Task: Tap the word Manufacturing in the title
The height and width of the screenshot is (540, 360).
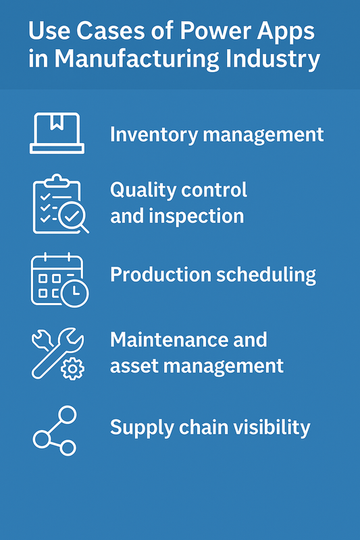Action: [136, 59]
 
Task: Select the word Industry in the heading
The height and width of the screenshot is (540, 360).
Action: [272, 59]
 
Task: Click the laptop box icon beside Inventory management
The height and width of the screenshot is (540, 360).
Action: [57, 133]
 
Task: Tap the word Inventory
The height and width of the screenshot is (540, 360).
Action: [154, 135]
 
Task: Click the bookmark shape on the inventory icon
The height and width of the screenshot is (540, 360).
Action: [57, 122]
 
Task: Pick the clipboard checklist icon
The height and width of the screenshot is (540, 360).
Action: [61, 204]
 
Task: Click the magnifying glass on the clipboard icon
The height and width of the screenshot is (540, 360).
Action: [74, 217]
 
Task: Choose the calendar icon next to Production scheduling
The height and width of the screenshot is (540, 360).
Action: [59, 279]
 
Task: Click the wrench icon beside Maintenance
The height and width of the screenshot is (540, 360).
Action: [58, 354]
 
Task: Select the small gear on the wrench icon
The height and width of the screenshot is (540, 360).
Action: [72, 369]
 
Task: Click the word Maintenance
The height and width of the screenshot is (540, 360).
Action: [169, 340]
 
